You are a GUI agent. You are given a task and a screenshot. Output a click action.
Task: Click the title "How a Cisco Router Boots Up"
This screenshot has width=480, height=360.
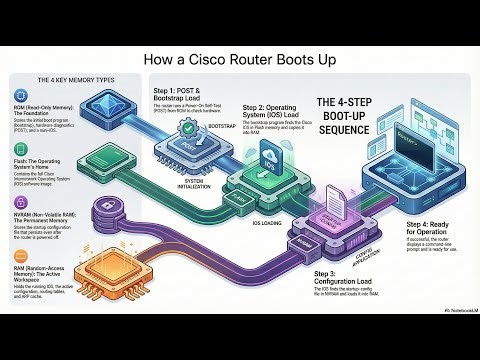(239, 60)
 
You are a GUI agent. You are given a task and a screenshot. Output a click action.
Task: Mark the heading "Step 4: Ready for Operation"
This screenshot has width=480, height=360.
(422, 228)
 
